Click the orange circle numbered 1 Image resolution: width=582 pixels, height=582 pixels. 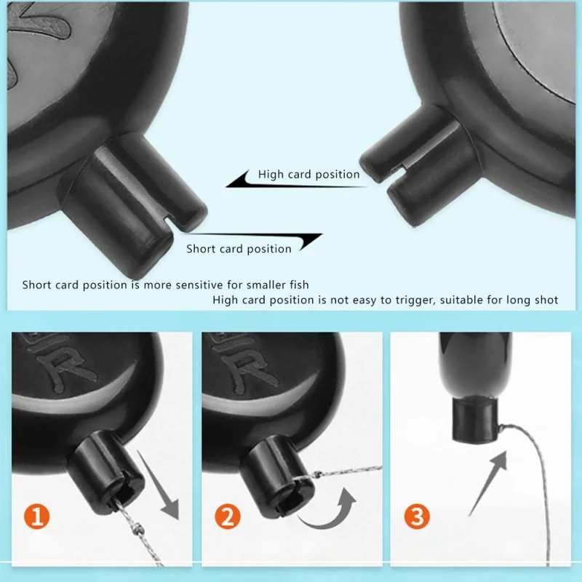(x=36, y=517)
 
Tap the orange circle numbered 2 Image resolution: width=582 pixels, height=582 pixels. (x=228, y=517)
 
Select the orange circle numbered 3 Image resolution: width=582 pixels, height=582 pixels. (x=417, y=517)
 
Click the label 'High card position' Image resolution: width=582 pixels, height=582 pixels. (x=308, y=174)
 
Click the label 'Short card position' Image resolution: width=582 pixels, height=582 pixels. (x=239, y=248)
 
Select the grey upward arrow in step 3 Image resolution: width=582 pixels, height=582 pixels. (x=488, y=482)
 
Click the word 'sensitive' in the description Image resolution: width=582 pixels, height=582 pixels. (x=199, y=284)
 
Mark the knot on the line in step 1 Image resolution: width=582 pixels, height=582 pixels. (x=138, y=527)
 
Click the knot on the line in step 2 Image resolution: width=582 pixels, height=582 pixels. (x=317, y=474)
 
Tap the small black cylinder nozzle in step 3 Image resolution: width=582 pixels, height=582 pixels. (x=475, y=420)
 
